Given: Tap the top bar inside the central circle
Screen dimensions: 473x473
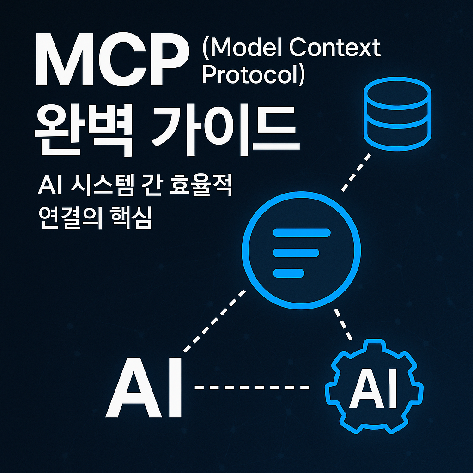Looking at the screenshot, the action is pyautogui.click(x=302, y=232).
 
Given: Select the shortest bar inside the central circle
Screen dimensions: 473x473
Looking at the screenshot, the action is pyautogui.click(x=289, y=273).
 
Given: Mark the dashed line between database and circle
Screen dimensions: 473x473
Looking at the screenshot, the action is pyautogui.click(x=356, y=172).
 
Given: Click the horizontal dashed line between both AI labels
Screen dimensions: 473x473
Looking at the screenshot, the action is pyautogui.click(x=252, y=387).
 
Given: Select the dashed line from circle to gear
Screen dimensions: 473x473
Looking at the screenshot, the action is pyautogui.click(x=344, y=322).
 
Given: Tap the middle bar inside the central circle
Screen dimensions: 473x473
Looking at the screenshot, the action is pyautogui.click(x=296, y=253).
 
